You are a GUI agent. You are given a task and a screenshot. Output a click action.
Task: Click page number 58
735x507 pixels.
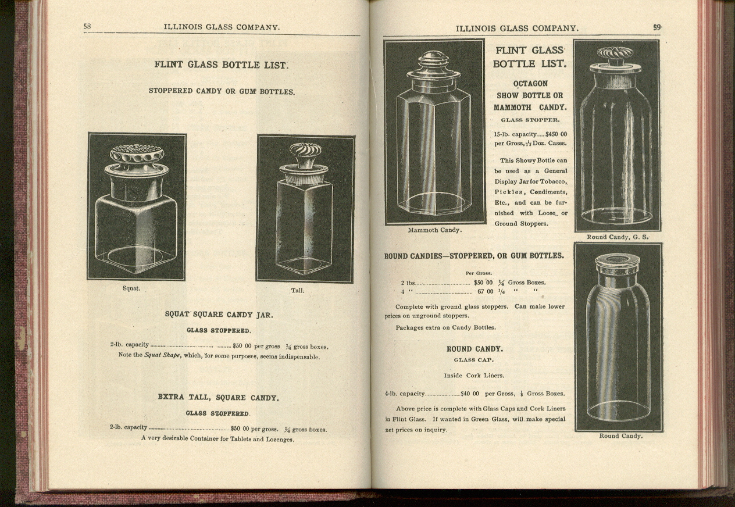coord(87,26)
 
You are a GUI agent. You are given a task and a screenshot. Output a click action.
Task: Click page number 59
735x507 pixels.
coord(657,27)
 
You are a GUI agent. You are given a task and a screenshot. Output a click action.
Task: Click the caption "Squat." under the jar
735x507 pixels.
coord(131,288)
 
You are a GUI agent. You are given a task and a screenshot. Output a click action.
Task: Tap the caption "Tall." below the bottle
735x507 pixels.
coord(297,290)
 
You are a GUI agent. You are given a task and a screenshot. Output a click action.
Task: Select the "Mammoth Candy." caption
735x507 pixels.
coord(434,230)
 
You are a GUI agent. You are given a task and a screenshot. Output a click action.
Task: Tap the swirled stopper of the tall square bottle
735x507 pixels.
coord(305,154)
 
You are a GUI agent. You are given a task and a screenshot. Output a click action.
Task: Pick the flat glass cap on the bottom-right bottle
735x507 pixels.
coord(618,263)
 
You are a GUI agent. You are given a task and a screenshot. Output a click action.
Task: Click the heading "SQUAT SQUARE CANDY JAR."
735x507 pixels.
coord(219,315)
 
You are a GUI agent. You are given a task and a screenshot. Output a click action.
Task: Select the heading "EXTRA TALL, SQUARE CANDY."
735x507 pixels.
coord(218,398)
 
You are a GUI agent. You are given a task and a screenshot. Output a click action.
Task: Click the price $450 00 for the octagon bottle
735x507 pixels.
coord(556,134)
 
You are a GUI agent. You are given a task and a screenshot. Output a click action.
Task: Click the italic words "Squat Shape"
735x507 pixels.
coord(162,356)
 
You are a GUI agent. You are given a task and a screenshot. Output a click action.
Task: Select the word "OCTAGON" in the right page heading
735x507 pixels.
coord(530,83)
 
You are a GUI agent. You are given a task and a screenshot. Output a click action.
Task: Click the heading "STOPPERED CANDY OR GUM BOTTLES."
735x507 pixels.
coord(221,91)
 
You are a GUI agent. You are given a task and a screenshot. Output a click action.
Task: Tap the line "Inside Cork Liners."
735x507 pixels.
coord(474,376)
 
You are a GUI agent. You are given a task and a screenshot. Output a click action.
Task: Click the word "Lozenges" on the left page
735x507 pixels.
coord(279,439)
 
